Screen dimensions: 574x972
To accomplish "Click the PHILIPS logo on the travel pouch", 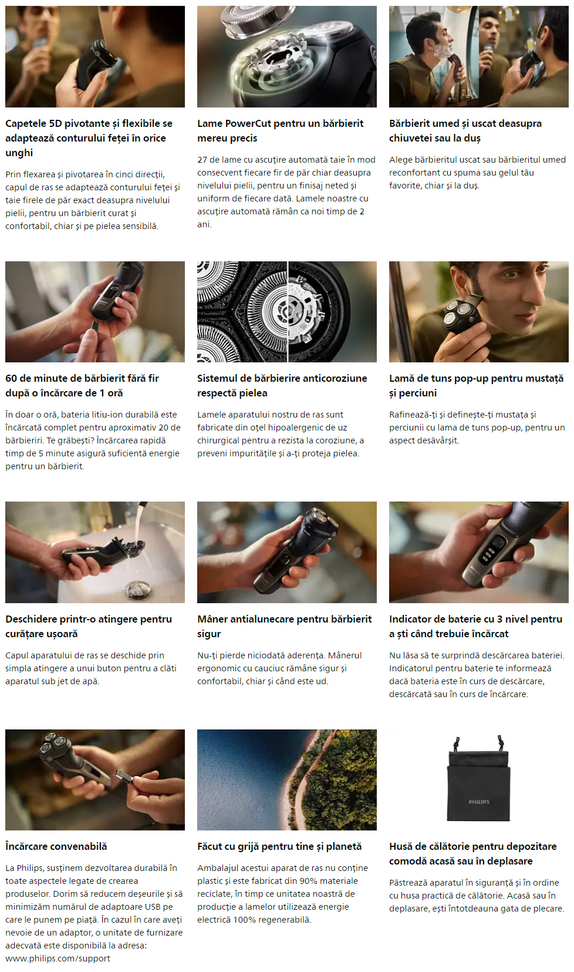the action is tap(478, 802).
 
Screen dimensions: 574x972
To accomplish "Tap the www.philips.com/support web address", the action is tap(58, 958).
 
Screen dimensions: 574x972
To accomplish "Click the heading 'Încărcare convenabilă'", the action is tap(56, 846).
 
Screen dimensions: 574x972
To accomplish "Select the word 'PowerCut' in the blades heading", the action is tap(248, 123).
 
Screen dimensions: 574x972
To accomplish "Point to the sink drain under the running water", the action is tap(138, 590).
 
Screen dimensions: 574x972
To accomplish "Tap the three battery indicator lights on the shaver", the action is tap(488, 554).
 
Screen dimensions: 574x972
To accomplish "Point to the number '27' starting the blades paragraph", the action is tap(202, 160).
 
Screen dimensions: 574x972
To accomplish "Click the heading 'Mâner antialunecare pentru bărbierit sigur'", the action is tap(285, 626).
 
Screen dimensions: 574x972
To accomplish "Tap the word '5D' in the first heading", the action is tap(56, 123).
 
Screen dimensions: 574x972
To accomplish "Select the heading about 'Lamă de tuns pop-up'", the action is tap(476, 385).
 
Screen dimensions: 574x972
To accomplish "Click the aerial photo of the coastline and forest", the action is tap(286, 779).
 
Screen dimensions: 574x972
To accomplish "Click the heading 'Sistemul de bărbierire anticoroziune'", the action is tap(282, 385).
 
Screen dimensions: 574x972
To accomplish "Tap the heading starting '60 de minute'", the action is tap(82, 385).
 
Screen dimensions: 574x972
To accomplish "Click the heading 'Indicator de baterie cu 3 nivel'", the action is tap(475, 626).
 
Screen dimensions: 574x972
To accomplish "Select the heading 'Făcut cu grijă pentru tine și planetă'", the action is tap(279, 846).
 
